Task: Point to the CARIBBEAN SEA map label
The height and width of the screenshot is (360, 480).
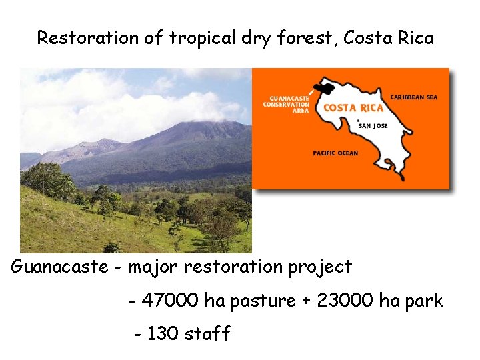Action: pyautogui.click(x=413, y=97)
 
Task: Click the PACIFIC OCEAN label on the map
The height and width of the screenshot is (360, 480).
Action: pyautogui.click(x=335, y=153)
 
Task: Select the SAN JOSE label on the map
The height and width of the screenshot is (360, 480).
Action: pyautogui.click(x=373, y=125)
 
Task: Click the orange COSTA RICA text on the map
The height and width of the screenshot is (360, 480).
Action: pyautogui.click(x=353, y=108)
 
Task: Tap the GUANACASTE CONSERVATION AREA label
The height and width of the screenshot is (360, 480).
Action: pyautogui.click(x=287, y=104)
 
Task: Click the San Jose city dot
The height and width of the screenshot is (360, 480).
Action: pyautogui.click(x=358, y=121)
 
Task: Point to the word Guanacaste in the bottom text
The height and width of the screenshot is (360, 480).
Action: pyautogui.click(x=59, y=267)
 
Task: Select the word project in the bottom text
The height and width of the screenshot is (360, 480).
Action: pyautogui.click(x=320, y=268)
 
